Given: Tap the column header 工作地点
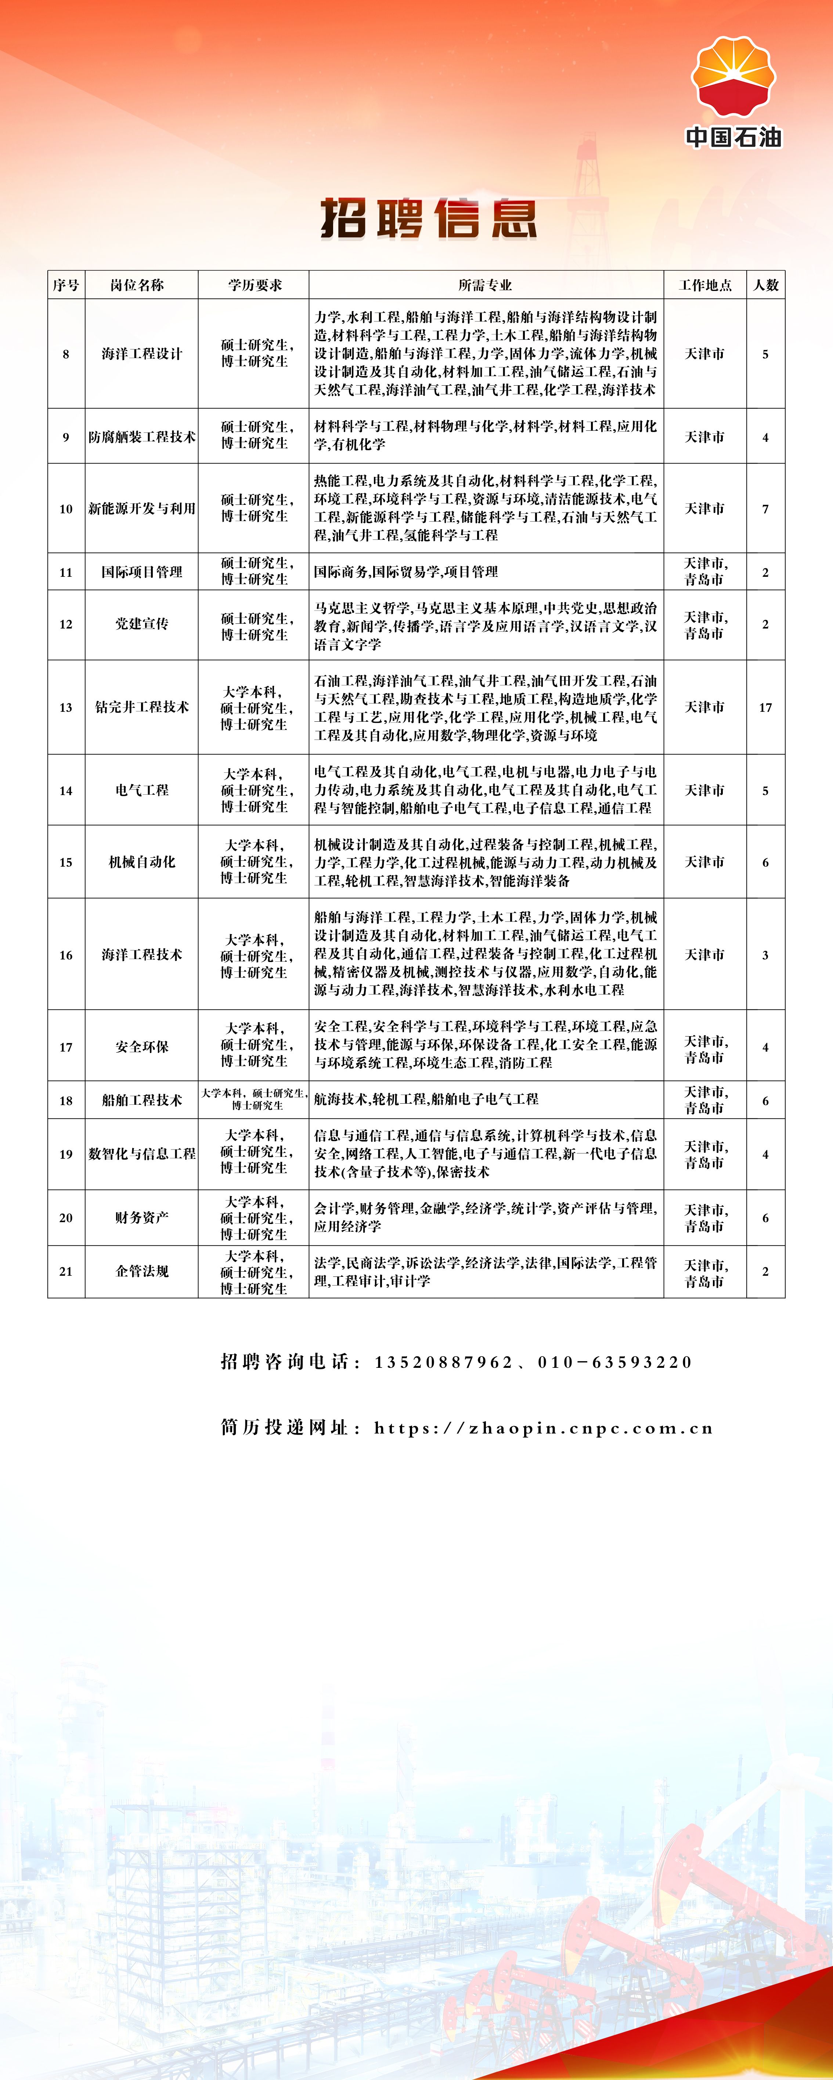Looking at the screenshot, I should (704, 285).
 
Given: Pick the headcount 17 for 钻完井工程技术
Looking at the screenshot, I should (765, 707).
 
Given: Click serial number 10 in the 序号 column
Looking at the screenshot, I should (66, 509).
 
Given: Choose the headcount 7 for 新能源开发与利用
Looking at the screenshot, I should (765, 509).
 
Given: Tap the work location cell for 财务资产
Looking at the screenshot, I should (704, 1218).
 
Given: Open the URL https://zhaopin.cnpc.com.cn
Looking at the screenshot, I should (544, 1428).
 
